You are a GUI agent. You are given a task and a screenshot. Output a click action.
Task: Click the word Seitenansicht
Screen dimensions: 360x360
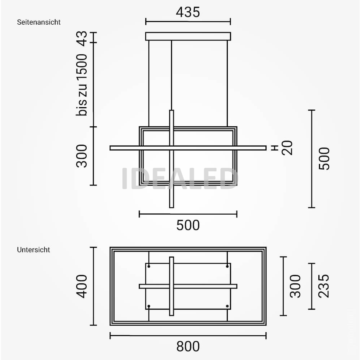click(x=39, y=22)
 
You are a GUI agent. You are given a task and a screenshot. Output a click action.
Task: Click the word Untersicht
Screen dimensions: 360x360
click(x=33, y=250)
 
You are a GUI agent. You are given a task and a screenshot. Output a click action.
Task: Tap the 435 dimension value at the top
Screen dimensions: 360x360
click(x=188, y=12)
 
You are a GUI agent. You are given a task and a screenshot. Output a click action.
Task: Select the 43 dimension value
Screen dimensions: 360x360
click(x=82, y=38)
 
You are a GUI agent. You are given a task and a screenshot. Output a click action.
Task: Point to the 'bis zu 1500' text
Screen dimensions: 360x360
click(x=82, y=85)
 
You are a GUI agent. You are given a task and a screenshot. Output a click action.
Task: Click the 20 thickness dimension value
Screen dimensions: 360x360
click(x=288, y=148)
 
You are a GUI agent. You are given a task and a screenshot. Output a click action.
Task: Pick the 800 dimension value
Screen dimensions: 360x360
click(x=188, y=347)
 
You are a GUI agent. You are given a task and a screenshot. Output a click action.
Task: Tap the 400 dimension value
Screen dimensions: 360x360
click(x=82, y=286)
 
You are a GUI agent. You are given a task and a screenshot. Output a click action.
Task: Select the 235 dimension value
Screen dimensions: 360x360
click(x=324, y=286)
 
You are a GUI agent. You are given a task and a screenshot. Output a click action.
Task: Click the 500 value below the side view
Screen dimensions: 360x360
click(x=188, y=225)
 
